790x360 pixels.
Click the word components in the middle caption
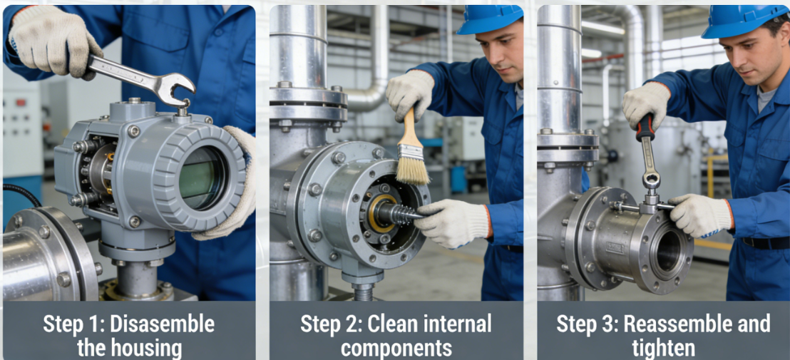tap(396, 349)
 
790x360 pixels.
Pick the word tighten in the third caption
tap(663, 349)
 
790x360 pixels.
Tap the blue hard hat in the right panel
tap(744, 20)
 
